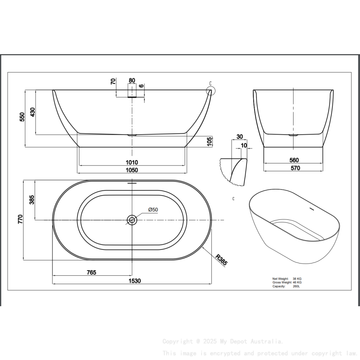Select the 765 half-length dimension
pyautogui.click(x=91, y=272)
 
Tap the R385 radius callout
pyautogui.click(x=221, y=259)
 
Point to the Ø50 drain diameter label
pyautogui.click(x=153, y=210)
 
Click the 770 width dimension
pyautogui.click(x=20, y=219)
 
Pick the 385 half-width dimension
pyautogui.click(x=31, y=199)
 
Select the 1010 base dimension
pyautogui.click(x=132, y=162)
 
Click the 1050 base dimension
pyautogui.click(x=132, y=170)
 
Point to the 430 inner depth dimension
pyautogui.click(x=32, y=112)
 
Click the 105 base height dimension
pyautogui.click(x=210, y=141)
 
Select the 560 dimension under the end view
pyautogui.click(x=294, y=160)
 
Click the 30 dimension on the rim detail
pyautogui.click(x=240, y=136)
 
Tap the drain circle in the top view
pyautogui.click(x=132, y=219)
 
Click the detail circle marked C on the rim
pyautogui.click(x=210, y=90)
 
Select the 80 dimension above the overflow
pyautogui.click(x=132, y=80)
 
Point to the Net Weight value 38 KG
pyautogui.click(x=297, y=279)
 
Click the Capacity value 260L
pyautogui.click(x=296, y=286)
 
